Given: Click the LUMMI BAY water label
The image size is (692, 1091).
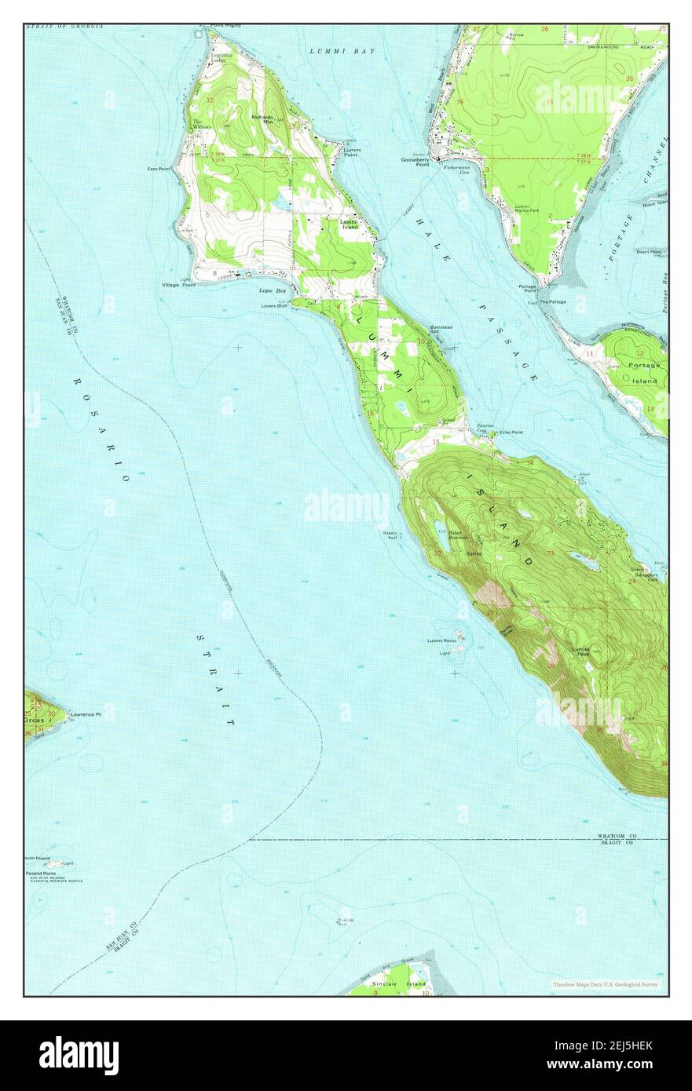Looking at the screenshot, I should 342,51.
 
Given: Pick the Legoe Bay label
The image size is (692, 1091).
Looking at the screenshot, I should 273,290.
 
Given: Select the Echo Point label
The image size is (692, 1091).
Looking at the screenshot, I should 511,432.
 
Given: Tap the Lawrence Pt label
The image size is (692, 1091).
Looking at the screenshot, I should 86,714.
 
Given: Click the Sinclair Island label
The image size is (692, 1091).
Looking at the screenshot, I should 409,983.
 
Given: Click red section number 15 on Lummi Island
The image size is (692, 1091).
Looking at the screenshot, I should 436,442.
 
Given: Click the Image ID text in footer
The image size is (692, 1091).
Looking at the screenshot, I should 607,1044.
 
